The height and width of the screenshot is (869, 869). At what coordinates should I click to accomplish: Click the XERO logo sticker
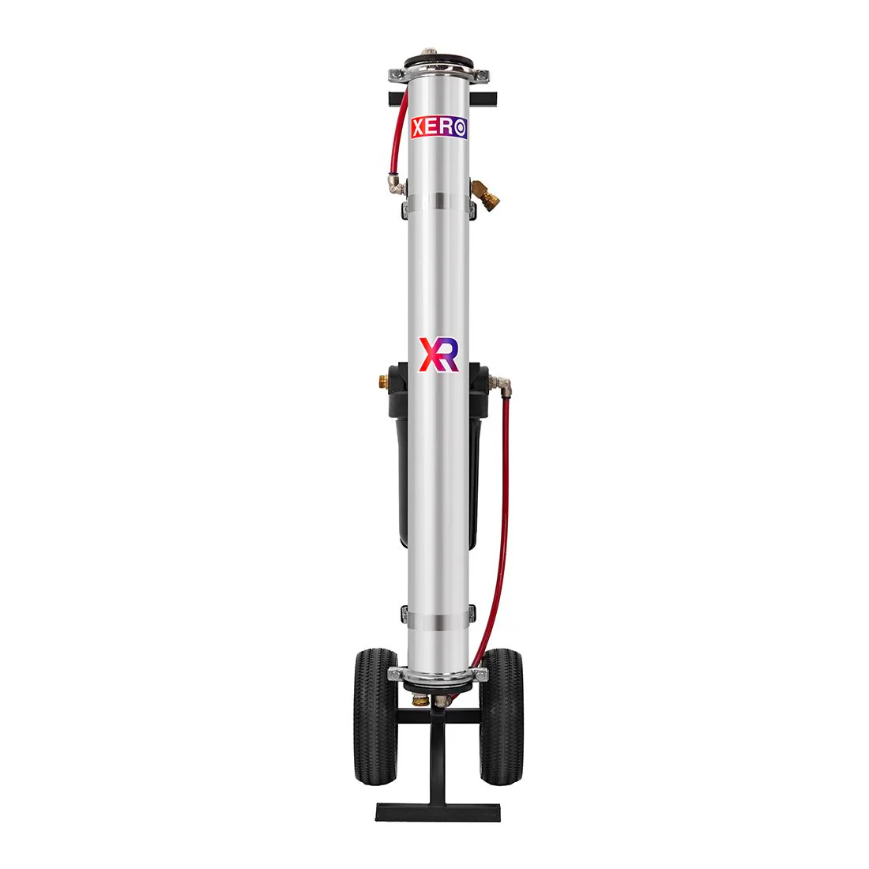(x=439, y=127)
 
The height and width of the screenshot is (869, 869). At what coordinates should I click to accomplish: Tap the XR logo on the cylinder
(x=438, y=354)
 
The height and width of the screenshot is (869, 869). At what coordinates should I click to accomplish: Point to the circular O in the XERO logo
(x=460, y=128)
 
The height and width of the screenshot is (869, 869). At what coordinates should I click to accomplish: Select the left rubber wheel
(x=375, y=717)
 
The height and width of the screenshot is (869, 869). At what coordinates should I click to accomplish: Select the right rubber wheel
(x=502, y=717)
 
